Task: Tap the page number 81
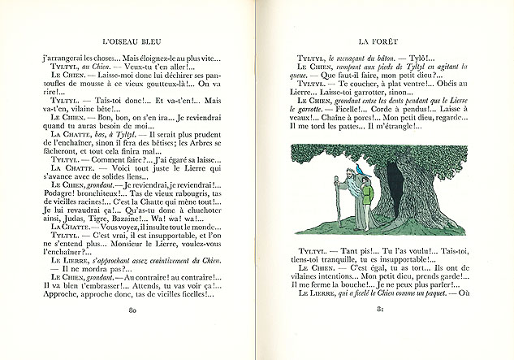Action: point(384,333)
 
